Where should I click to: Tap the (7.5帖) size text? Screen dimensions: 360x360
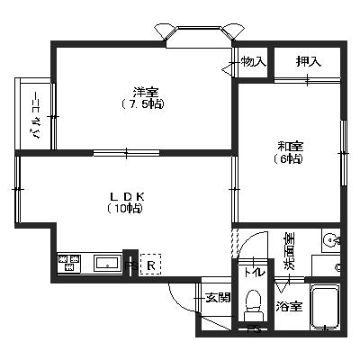pyautogui.click(x=143, y=104)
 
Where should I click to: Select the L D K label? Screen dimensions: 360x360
pyautogui.click(x=128, y=197)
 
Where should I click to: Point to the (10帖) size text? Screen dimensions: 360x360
pyautogui.click(x=125, y=208)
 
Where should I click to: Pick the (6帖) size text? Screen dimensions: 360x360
pyautogui.click(x=288, y=158)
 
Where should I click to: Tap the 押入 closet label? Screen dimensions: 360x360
pyautogui.click(x=309, y=61)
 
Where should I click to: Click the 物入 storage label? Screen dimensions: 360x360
pyautogui.click(x=254, y=62)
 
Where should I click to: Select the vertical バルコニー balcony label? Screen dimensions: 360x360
pyautogui.click(x=36, y=115)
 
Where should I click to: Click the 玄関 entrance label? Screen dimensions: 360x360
pyautogui.click(x=218, y=298)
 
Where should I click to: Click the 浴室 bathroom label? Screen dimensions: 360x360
pyautogui.click(x=289, y=307)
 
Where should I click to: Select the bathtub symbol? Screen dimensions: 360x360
pyautogui.click(x=325, y=307)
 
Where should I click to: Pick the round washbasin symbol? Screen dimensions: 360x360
pyautogui.click(x=331, y=240)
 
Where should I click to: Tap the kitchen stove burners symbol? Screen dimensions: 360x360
pyautogui.click(x=69, y=263)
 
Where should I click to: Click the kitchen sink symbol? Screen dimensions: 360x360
pyautogui.click(x=107, y=263)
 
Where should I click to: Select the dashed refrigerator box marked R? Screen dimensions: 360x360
pyautogui.click(x=151, y=264)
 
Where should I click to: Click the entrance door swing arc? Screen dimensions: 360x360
pyautogui.click(x=179, y=301)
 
